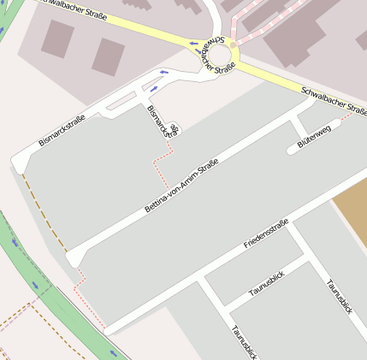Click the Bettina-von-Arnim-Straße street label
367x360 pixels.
coord(182,185)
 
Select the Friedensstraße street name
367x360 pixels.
coord(266,233)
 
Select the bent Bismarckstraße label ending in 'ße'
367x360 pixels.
coord(163,121)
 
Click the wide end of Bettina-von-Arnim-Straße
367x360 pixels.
coord(75,256)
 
